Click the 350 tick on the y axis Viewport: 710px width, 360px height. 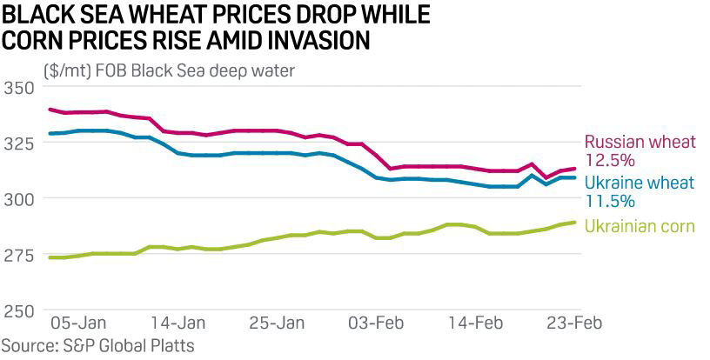18,88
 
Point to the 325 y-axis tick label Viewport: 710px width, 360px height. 18,143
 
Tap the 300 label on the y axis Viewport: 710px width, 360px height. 18,199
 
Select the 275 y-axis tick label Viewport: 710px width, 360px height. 18,256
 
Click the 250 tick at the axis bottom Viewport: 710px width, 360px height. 18,311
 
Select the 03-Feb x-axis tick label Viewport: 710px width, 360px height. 378,322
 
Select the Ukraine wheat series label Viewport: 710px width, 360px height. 639,183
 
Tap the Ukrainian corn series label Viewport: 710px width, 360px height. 640,226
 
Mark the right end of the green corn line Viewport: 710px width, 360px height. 576,223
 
